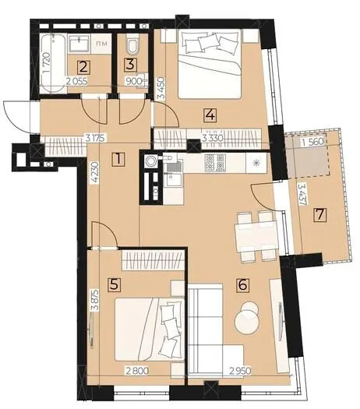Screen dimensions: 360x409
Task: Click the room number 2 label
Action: coord(83,67)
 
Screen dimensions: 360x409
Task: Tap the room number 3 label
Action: coord(131,64)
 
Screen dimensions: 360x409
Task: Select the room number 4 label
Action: coord(210,115)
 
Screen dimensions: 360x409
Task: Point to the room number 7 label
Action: coord(319,214)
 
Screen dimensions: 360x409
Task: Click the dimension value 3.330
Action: coord(214,138)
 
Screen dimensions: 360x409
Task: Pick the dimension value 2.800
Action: coord(137,371)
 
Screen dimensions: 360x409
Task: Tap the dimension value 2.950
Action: coord(239,371)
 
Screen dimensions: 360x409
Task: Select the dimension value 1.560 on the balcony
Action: coord(312,142)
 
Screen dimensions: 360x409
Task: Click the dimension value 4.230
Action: coord(95,174)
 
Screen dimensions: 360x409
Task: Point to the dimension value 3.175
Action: coord(97,138)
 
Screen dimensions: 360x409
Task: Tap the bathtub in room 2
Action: coord(54,64)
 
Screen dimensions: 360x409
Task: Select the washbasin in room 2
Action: coord(79,44)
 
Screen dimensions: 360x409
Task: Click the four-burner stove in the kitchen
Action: coord(215,163)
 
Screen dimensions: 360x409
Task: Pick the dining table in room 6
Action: coord(256,235)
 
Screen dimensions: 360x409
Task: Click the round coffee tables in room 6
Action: coord(247,317)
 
